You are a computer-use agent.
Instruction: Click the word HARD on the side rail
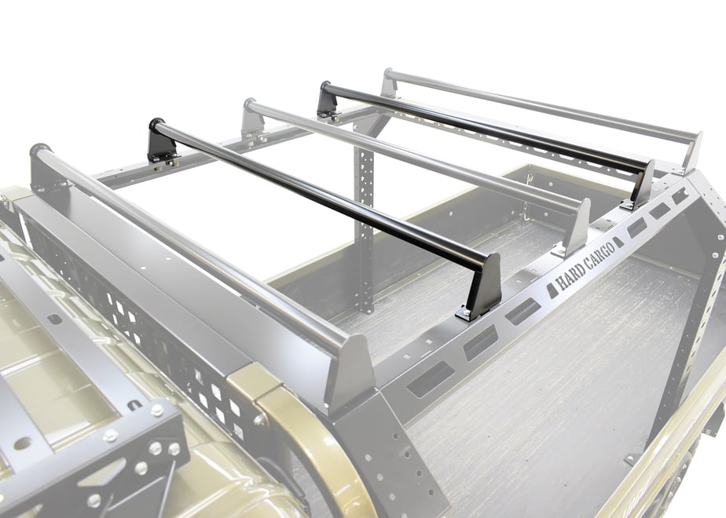tap(570, 275)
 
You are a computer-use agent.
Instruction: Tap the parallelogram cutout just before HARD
tap(552, 291)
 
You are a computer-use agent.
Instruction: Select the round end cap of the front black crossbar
tap(156, 125)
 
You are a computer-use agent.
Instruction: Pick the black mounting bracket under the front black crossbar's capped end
tap(162, 147)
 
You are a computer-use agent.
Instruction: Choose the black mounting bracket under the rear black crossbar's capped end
tap(328, 105)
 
